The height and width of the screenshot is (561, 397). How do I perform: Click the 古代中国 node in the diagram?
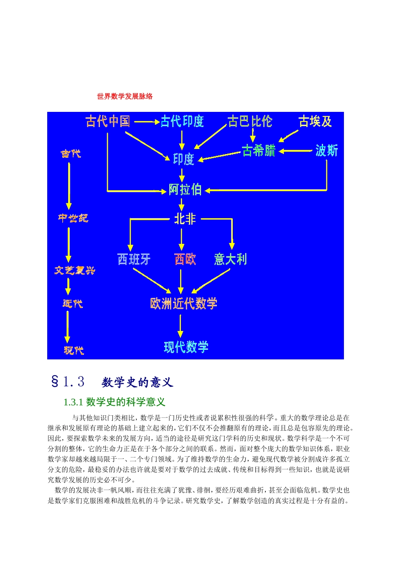coord(108,121)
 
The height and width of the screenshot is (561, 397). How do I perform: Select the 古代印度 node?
coord(182,121)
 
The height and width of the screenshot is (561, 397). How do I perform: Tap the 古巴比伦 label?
coord(250,121)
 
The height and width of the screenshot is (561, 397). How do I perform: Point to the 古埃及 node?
coord(315,121)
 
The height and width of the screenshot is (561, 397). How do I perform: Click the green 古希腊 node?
coord(259,150)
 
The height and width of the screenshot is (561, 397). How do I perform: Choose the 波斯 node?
coord(326,150)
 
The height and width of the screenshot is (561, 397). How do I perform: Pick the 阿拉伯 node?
coord(185,190)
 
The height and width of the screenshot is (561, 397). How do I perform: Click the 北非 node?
coord(185,219)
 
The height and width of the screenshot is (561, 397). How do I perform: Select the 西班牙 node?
coord(134,259)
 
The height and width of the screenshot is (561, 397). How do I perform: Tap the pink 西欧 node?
coord(185,259)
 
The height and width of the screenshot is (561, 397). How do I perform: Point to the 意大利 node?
coord(230,259)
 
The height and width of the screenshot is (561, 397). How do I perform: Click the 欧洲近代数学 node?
coord(183,303)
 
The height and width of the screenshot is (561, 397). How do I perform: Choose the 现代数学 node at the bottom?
coord(186,347)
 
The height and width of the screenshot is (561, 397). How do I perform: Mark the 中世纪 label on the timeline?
coord(73,218)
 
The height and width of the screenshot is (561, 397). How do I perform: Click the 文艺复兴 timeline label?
coord(75,270)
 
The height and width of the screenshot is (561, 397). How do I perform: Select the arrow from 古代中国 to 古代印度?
coord(147,122)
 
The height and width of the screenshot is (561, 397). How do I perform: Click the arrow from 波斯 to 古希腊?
coord(296,151)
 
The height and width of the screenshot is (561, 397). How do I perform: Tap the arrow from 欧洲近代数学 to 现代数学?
coord(181,326)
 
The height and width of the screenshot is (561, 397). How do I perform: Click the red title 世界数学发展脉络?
coord(125,96)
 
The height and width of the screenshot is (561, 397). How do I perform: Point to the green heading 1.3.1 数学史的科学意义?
coord(115,402)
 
